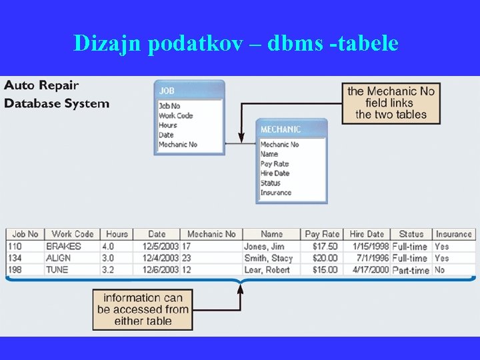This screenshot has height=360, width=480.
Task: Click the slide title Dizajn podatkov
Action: click(236, 43)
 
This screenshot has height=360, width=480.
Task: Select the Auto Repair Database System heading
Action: click(57, 94)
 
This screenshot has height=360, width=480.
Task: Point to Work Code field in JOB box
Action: click(175, 115)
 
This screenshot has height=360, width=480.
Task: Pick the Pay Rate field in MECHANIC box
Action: click(275, 163)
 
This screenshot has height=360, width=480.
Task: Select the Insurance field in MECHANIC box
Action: click(275, 193)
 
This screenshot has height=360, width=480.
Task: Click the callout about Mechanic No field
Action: click(391, 103)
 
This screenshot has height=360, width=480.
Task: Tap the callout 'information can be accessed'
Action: click(143, 309)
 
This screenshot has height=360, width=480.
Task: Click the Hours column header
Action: click(117, 234)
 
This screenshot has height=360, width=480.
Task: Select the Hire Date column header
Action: click(367, 234)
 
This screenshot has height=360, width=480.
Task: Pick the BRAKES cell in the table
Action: click(63, 246)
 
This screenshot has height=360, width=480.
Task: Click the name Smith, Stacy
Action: click(268, 258)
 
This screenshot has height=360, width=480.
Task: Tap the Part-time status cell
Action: click(411, 270)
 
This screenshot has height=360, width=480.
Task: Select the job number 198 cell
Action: click(15, 270)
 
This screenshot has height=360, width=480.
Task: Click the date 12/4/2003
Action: click(160, 258)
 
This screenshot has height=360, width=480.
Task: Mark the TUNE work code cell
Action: click(58, 270)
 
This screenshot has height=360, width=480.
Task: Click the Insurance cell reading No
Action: click(439, 270)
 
